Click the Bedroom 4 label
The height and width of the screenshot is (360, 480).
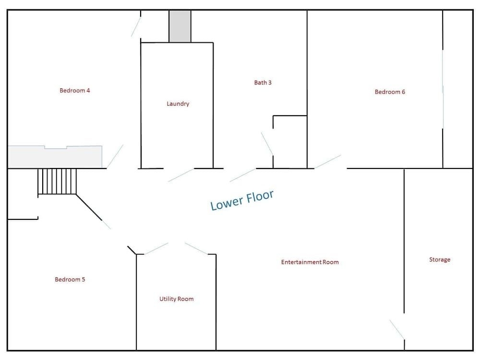pos(75,90)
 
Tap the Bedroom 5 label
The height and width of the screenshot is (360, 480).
pos(70,279)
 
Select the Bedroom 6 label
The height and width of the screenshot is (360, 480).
pos(390,92)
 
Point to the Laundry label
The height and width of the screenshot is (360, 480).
pos(178,104)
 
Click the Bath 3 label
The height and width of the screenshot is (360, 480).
pos(263,83)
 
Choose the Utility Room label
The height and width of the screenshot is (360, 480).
pos(176,299)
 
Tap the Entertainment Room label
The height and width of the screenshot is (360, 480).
pos(310,262)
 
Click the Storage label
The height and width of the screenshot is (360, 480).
pos(440,260)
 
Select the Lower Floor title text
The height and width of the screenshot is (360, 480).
pos(242,200)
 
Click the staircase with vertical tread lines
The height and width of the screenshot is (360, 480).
pos(57,181)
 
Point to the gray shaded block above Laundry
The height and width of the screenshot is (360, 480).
pos(180,26)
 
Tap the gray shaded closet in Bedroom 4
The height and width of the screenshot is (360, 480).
pos(55,157)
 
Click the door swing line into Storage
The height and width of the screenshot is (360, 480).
pos(397,329)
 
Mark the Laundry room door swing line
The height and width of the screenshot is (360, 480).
pos(181,175)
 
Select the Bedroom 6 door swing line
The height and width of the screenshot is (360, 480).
pos(327,162)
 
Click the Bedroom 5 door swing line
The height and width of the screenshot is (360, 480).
pos(106,224)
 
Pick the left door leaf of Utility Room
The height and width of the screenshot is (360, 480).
pos(156,249)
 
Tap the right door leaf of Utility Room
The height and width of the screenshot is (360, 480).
pos(196,249)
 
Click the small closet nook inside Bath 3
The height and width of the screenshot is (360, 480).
pos(290,142)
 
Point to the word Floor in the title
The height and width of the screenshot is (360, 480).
pos(260,196)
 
